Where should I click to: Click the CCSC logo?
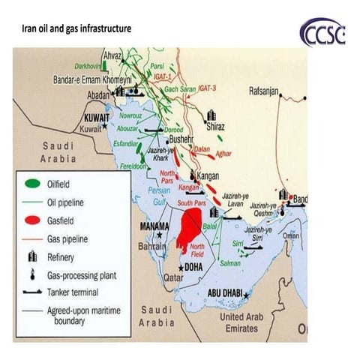(x=322, y=32)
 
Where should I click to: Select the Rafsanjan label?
(x=263, y=91)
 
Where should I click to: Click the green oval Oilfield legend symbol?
(x=31, y=183)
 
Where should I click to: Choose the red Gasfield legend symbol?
(x=31, y=220)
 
